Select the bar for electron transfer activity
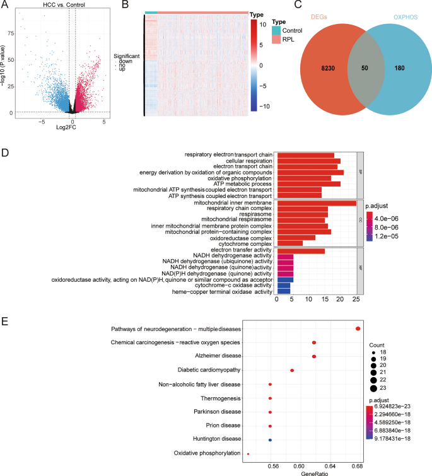(x=301, y=251)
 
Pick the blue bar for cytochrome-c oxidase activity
(x=283, y=286)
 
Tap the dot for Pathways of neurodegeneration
(x=358, y=328)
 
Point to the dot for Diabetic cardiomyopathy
(x=292, y=370)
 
